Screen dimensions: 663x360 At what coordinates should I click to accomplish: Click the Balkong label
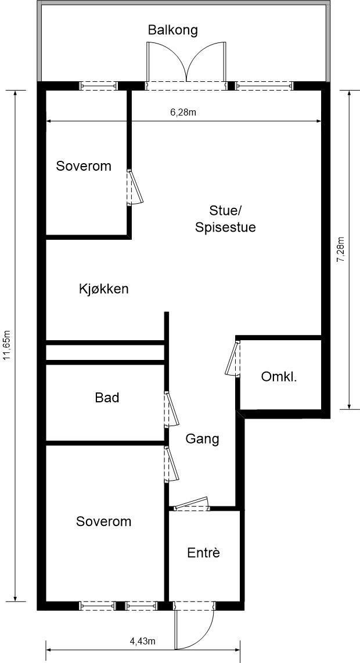(x=172, y=30)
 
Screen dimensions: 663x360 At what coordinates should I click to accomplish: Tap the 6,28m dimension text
(x=183, y=113)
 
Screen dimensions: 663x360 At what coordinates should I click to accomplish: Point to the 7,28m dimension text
(x=341, y=250)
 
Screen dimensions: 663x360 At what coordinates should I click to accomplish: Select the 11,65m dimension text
(x=7, y=346)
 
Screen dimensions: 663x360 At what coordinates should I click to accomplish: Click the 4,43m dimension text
(x=142, y=641)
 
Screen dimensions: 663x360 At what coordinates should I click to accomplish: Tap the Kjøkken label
(x=103, y=289)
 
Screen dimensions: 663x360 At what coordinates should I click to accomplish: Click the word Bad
(x=107, y=398)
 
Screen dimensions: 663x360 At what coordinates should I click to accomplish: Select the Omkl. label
(x=279, y=377)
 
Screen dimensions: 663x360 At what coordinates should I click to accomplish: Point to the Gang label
(x=202, y=439)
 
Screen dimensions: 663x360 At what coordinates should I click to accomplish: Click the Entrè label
(x=203, y=553)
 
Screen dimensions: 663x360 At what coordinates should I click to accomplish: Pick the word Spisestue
(x=225, y=227)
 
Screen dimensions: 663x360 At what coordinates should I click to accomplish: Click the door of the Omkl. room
(x=233, y=359)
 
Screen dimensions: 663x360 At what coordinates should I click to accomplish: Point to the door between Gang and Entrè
(x=192, y=504)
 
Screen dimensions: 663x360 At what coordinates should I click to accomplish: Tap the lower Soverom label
(x=103, y=521)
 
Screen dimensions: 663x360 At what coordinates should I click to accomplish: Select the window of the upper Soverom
(x=99, y=86)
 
